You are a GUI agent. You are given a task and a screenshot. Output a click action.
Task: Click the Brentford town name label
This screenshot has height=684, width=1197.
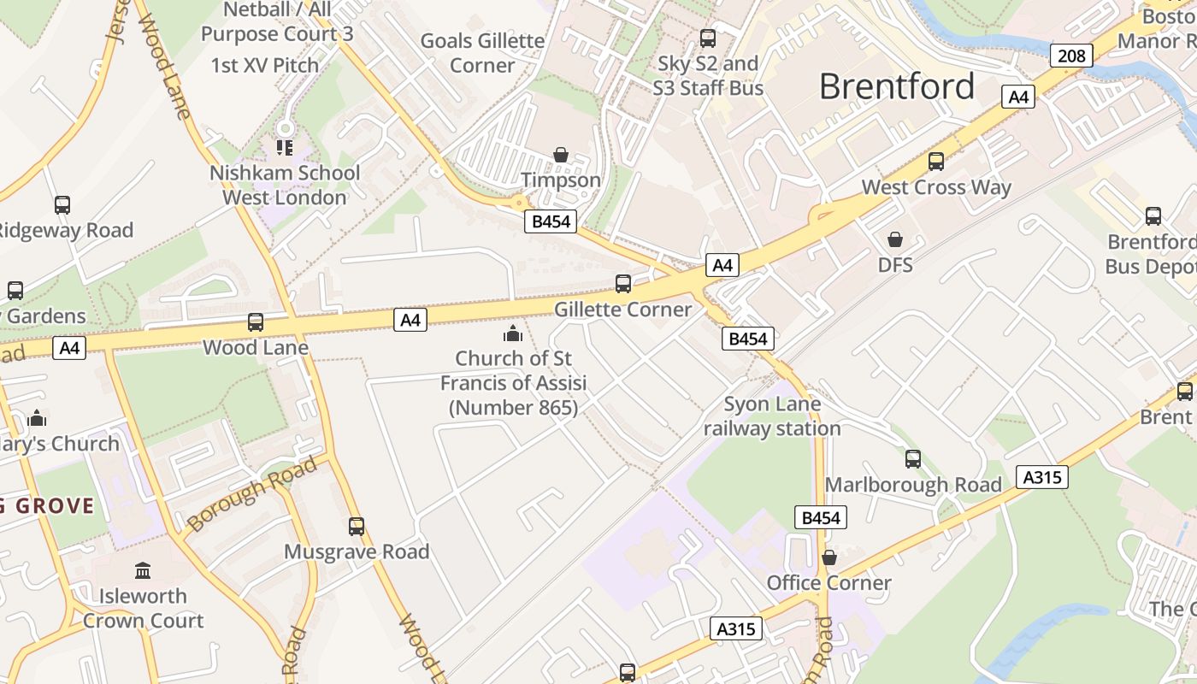897,86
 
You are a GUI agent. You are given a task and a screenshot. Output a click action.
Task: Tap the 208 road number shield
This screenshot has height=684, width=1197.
1070,56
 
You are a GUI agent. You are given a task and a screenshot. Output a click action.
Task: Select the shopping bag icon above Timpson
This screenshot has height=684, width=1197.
561,155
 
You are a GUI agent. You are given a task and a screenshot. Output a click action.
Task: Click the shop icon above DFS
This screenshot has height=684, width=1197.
895,239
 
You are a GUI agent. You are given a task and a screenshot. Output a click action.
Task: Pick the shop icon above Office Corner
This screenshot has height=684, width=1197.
828,557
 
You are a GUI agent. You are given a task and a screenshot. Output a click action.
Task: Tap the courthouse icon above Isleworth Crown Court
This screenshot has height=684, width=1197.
143,570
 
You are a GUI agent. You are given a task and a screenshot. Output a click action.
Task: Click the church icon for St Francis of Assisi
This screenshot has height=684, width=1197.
513,333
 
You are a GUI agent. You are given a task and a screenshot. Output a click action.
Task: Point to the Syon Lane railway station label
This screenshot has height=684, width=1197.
772,416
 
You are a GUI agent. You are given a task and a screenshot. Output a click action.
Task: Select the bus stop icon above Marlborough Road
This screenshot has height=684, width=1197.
913,459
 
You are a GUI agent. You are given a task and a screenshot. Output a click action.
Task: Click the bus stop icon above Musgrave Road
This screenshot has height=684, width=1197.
357,527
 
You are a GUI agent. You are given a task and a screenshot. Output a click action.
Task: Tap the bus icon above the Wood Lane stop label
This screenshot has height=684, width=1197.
256,322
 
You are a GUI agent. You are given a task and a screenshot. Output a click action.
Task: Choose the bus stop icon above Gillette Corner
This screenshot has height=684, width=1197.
623,284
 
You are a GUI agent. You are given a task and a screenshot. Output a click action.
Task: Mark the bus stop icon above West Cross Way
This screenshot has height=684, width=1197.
936,162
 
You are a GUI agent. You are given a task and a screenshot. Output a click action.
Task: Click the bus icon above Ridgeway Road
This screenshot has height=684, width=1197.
62,205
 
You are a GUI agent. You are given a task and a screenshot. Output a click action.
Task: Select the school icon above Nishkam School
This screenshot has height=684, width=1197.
285,148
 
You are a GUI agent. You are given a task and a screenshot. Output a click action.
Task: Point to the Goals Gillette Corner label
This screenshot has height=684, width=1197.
482,53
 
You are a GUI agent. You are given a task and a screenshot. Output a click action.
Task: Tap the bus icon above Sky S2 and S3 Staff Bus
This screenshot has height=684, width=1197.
708,38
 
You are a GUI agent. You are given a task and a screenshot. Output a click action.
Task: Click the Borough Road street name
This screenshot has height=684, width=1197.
251,494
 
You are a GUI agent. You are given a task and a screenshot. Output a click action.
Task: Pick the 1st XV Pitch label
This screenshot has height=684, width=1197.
264,65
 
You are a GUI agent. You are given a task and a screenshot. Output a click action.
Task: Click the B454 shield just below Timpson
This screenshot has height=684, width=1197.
550,222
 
